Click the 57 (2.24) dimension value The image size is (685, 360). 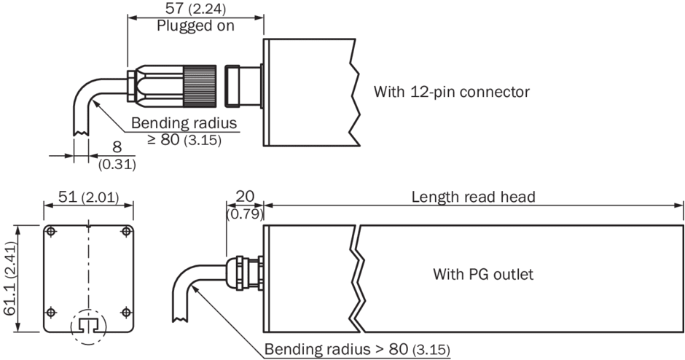click(191, 9)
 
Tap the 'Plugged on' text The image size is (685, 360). click(195, 26)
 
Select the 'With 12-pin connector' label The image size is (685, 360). click(451, 92)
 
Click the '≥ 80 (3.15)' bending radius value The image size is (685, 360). click(184, 138)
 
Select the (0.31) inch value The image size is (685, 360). click(117, 165)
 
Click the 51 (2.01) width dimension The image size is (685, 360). click(88, 197)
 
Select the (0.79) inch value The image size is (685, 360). click(245, 214)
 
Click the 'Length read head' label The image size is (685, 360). click(473, 197)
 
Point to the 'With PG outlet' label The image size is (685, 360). click(483, 275)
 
